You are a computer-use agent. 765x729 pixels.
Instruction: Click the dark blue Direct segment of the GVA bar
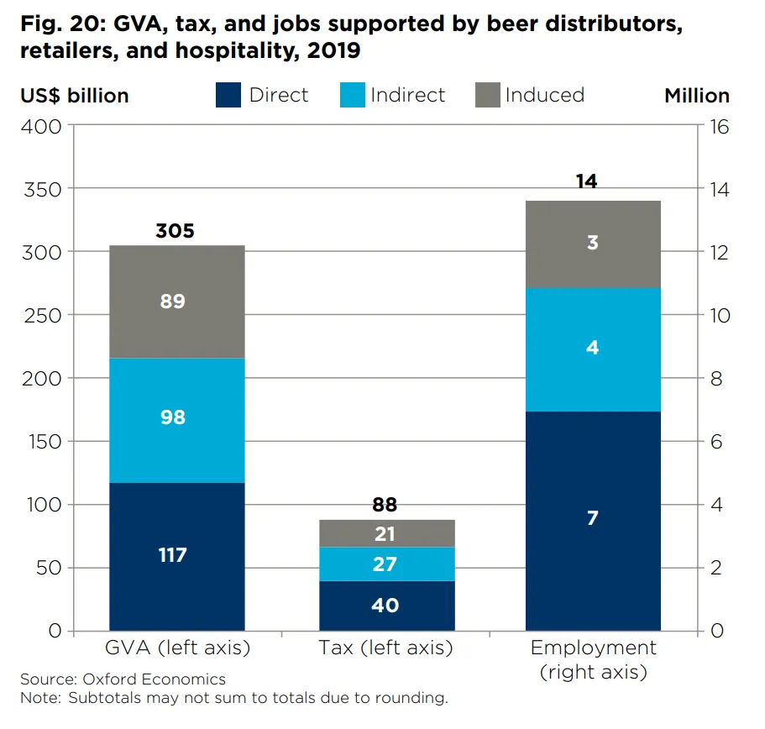[x=177, y=557]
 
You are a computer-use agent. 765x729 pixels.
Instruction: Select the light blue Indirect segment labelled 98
[x=177, y=421]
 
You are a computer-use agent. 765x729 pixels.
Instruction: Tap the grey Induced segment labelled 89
[x=177, y=302]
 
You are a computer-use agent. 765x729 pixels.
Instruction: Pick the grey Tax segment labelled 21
[x=387, y=533]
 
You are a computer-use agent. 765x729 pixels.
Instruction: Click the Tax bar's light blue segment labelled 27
[x=387, y=564]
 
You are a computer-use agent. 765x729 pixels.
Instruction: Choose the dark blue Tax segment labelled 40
[x=387, y=606]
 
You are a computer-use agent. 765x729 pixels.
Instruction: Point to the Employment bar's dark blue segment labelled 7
[x=593, y=521]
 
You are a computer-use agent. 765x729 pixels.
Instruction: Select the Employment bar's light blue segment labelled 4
[x=593, y=350]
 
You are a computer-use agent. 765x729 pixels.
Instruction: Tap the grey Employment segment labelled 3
[x=593, y=244]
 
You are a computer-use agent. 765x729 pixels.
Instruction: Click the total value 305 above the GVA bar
[x=176, y=231]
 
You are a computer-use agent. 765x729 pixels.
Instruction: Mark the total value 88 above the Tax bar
[x=385, y=505]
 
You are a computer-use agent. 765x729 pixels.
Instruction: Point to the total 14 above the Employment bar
[x=586, y=181]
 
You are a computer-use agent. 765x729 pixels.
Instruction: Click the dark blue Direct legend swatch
[x=228, y=95]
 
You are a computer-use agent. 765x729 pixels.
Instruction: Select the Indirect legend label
[x=408, y=95]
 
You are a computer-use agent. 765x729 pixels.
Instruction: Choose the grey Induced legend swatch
[x=488, y=95]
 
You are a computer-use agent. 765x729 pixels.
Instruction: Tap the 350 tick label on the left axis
[x=43, y=190]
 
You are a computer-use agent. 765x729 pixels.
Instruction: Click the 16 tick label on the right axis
[x=720, y=127]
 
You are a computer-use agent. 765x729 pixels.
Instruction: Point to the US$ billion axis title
[x=75, y=96]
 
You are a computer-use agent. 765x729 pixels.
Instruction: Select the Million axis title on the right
[x=697, y=96]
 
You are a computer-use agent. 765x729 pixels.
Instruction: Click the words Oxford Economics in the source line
[x=155, y=679]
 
